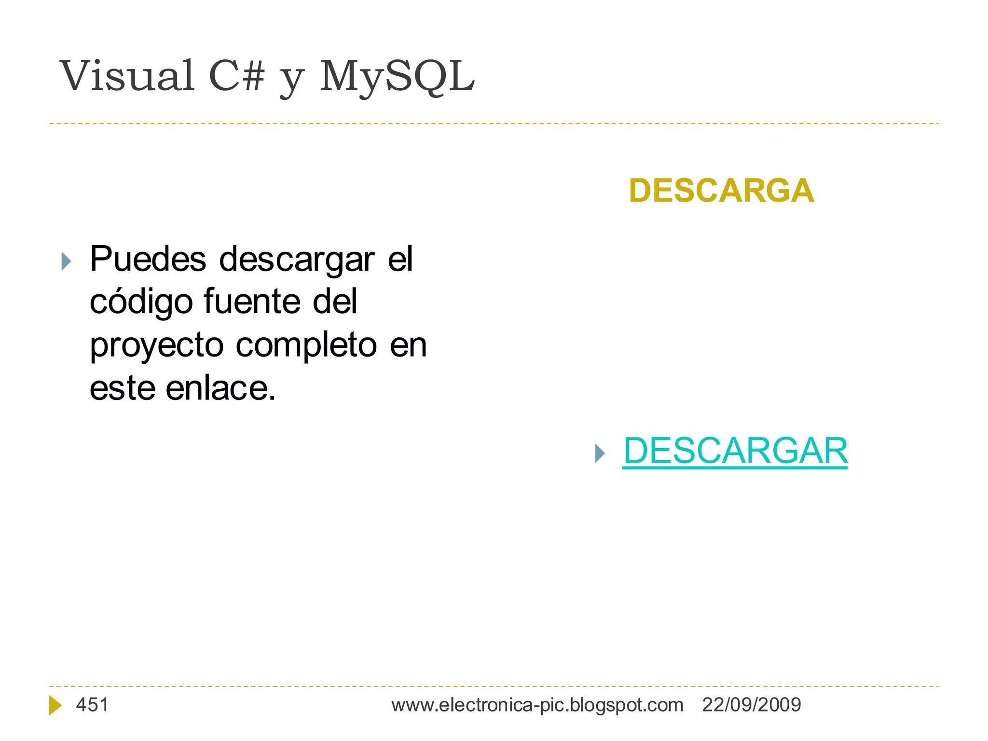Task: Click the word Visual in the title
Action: point(127,76)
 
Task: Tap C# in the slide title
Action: point(237,76)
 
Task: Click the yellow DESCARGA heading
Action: point(721,191)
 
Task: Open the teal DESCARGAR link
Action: point(735,451)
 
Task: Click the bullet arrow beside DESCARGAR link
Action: point(600,453)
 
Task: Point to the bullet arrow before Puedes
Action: point(67,261)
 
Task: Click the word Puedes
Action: point(148,259)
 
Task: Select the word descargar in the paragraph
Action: point(297,260)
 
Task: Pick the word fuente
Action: point(252,302)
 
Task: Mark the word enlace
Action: point(220,388)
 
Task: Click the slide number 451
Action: point(92,705)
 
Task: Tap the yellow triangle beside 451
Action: point(55,705)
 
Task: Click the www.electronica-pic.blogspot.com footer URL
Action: point(537,705)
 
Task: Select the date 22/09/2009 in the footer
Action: point(751,705)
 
